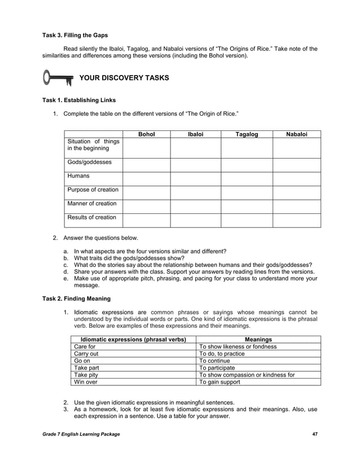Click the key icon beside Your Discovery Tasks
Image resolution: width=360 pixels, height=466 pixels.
pyautogui.click(x=58, y=77)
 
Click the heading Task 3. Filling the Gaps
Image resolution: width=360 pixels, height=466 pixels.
pyautogui.click(x=75, y=36)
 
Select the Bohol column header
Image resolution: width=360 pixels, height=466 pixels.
pyautogui.click(x=146, y=134)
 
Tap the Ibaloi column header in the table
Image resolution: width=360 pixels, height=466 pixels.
pyautogui.click(x=195, y=134)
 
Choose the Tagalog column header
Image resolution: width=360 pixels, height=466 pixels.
pyautogui.click(x=247, y=134)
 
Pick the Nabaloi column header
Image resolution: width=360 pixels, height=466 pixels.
pyautogui.click(x=296, y=134)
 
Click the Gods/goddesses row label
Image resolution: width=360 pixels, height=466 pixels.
pyautogui.click(x=89, y=162)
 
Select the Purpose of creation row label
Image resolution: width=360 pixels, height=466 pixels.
pyautogui.click(x=93, y=190)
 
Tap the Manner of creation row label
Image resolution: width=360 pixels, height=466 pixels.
pyautogui.click(x=92, y=203)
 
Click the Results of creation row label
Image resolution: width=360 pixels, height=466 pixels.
pyautogui.click(x=91, y=217)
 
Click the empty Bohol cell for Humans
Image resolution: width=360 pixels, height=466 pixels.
pyautogui.click(x=146, y=179)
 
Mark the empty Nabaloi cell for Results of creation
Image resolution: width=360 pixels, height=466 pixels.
pyautogui.click(x=296, y=220)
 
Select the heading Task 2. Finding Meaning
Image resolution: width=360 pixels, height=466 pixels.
pyautogui.click(x=77, y=298)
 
